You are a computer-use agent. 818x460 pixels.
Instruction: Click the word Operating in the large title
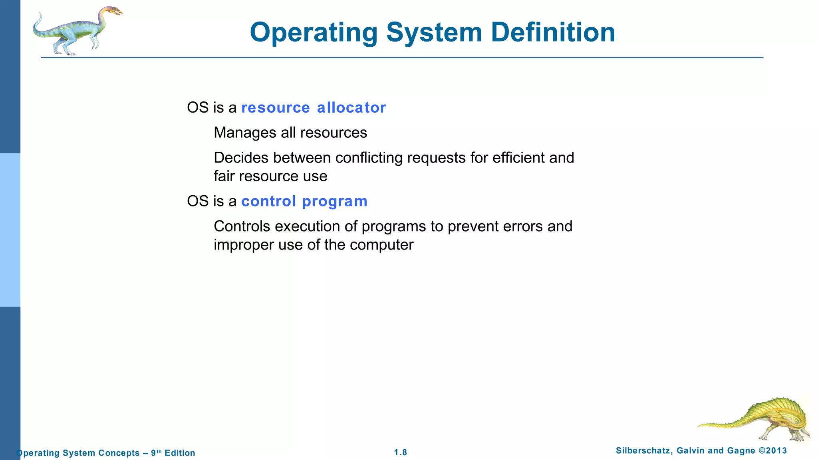(x=314, y=33)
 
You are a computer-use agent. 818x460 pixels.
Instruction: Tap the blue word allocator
(x=351, y=107)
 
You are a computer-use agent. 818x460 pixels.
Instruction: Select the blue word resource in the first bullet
(x=276, y=107)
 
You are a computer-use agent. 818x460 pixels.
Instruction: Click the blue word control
(x=268, y=201)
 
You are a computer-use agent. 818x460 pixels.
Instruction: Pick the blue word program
(x=335, y=202)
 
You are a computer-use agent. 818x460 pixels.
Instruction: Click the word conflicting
(x=369, y=158)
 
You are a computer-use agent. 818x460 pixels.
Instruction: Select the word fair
(x=224, y=176)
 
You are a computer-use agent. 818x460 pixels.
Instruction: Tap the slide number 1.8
(x=400, y=452)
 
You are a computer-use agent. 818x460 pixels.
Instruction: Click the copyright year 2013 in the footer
(x=776, y=451)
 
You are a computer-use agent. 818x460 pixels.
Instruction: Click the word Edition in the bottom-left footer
(x=180, y=453)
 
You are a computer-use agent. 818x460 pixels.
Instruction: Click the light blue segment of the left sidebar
(x=10, y=230)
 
